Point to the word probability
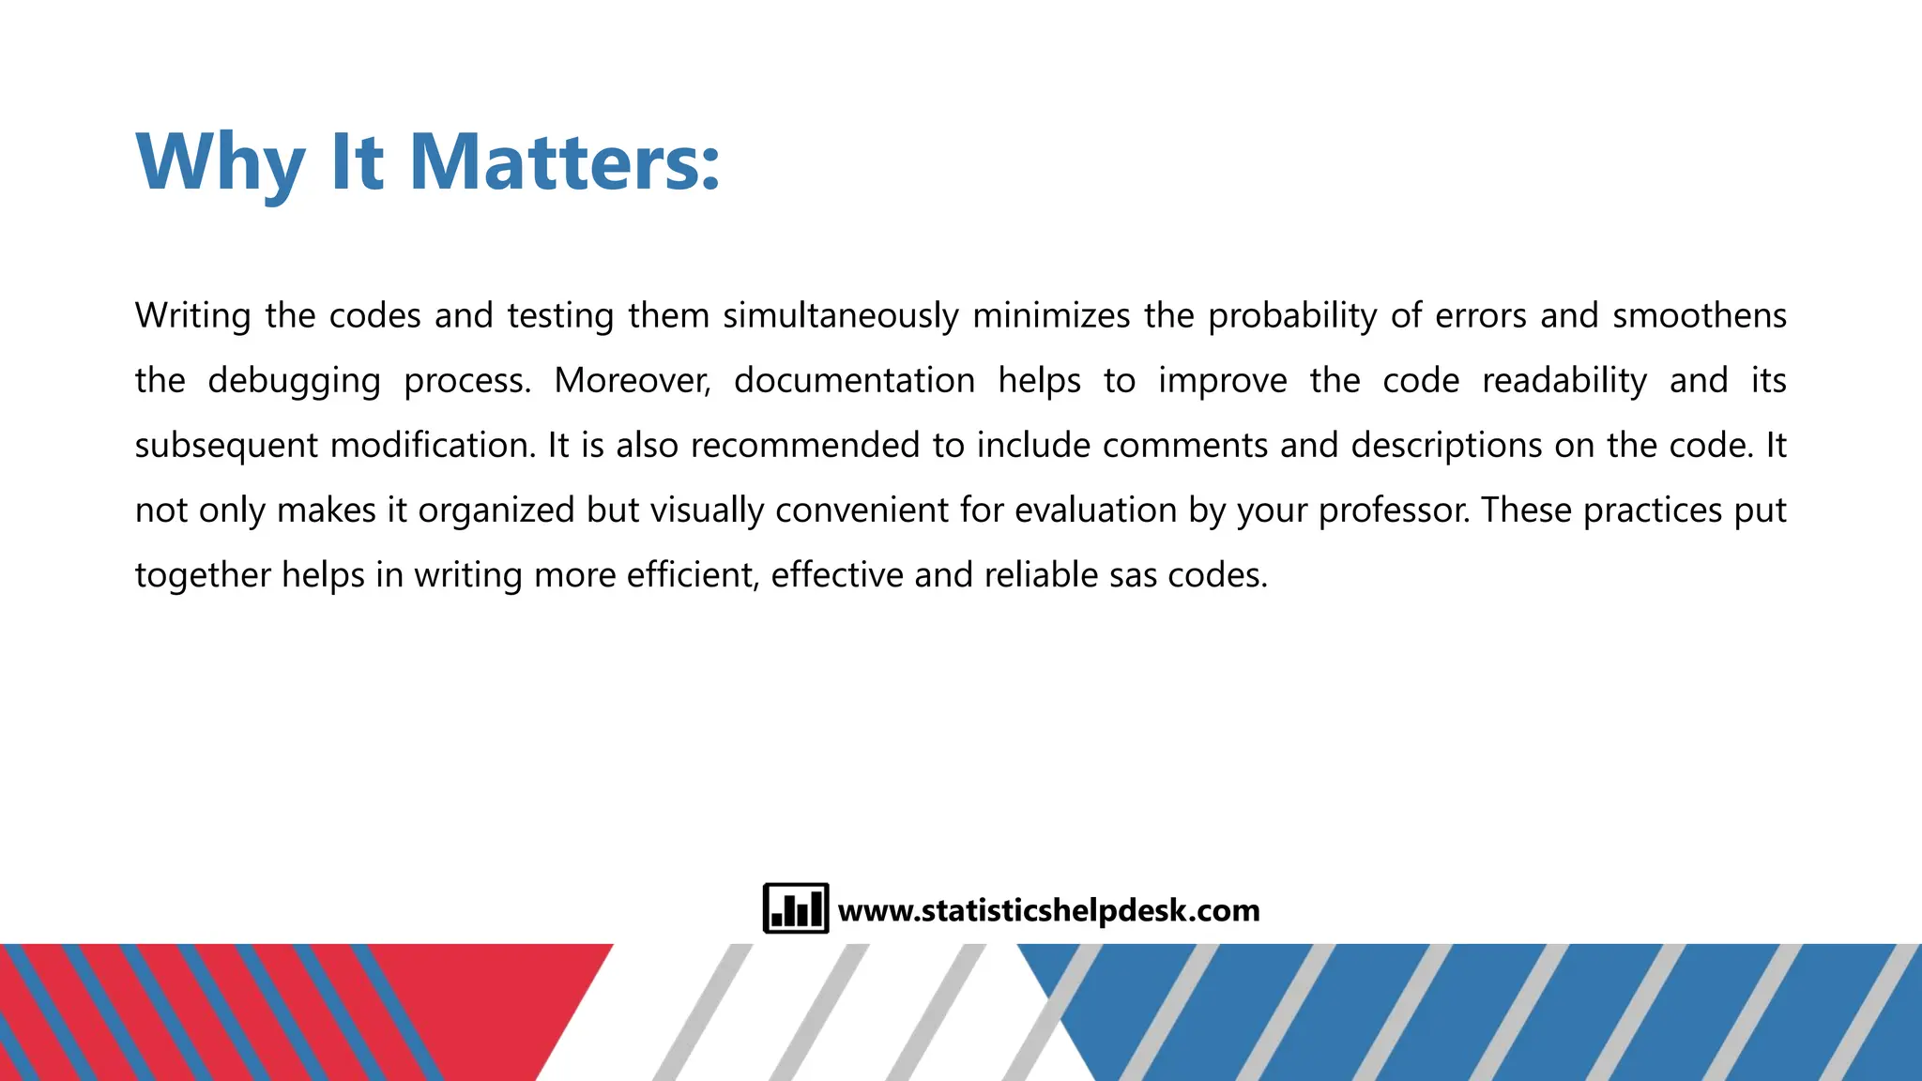click(1292, 316)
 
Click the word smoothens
click(1699, 316)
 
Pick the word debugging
click(294, 381)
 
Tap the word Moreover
click(632, 381)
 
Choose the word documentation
click(854, 381)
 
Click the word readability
click(1564, 381)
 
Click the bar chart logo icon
click(796, 908)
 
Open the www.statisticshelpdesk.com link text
click(1048, 910)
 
